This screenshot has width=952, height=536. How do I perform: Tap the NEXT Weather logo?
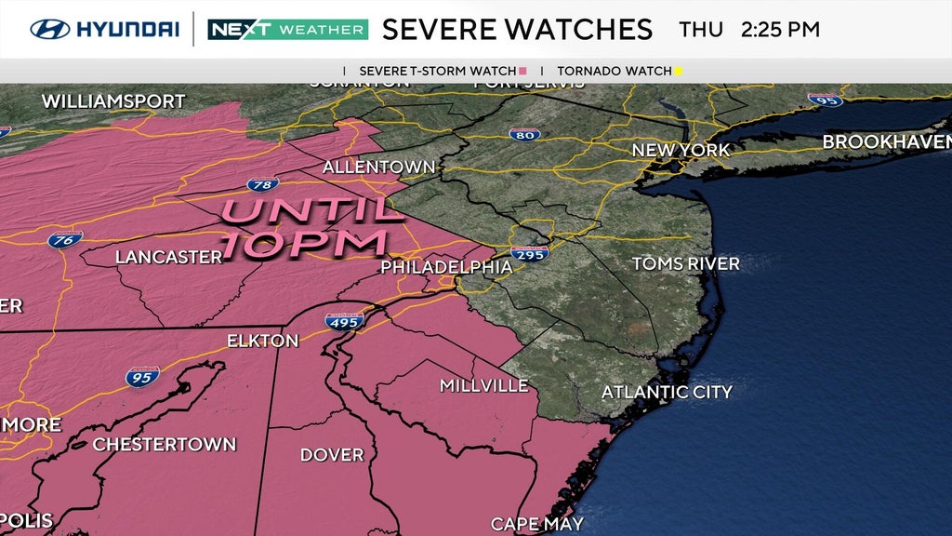coord(287,29)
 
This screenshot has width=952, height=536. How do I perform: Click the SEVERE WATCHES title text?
coord(517,29)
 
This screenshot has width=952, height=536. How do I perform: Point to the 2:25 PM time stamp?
coord(780,29)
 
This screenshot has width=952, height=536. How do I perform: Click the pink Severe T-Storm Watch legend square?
coord(522,71)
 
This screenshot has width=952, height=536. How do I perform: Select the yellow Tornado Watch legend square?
coord(679,71)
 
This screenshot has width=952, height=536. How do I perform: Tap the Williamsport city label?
coord(113,101)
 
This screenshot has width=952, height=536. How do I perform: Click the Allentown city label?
coord(378,167)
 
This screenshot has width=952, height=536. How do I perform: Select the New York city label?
coord(681,150)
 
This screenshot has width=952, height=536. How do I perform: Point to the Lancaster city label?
coord(168,257)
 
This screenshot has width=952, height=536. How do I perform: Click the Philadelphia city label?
coord(446,267)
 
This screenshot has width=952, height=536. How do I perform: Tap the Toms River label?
coord(686,264)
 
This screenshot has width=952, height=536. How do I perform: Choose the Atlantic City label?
coord(667,392)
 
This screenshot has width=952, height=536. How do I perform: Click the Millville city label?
coord(483,385)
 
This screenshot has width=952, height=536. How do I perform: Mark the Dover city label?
coord(332,455)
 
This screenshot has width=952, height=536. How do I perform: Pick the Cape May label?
coord(537,524)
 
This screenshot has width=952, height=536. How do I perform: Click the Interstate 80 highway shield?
coord(525,134)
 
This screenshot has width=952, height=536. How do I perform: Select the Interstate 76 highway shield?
coord(65,239)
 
